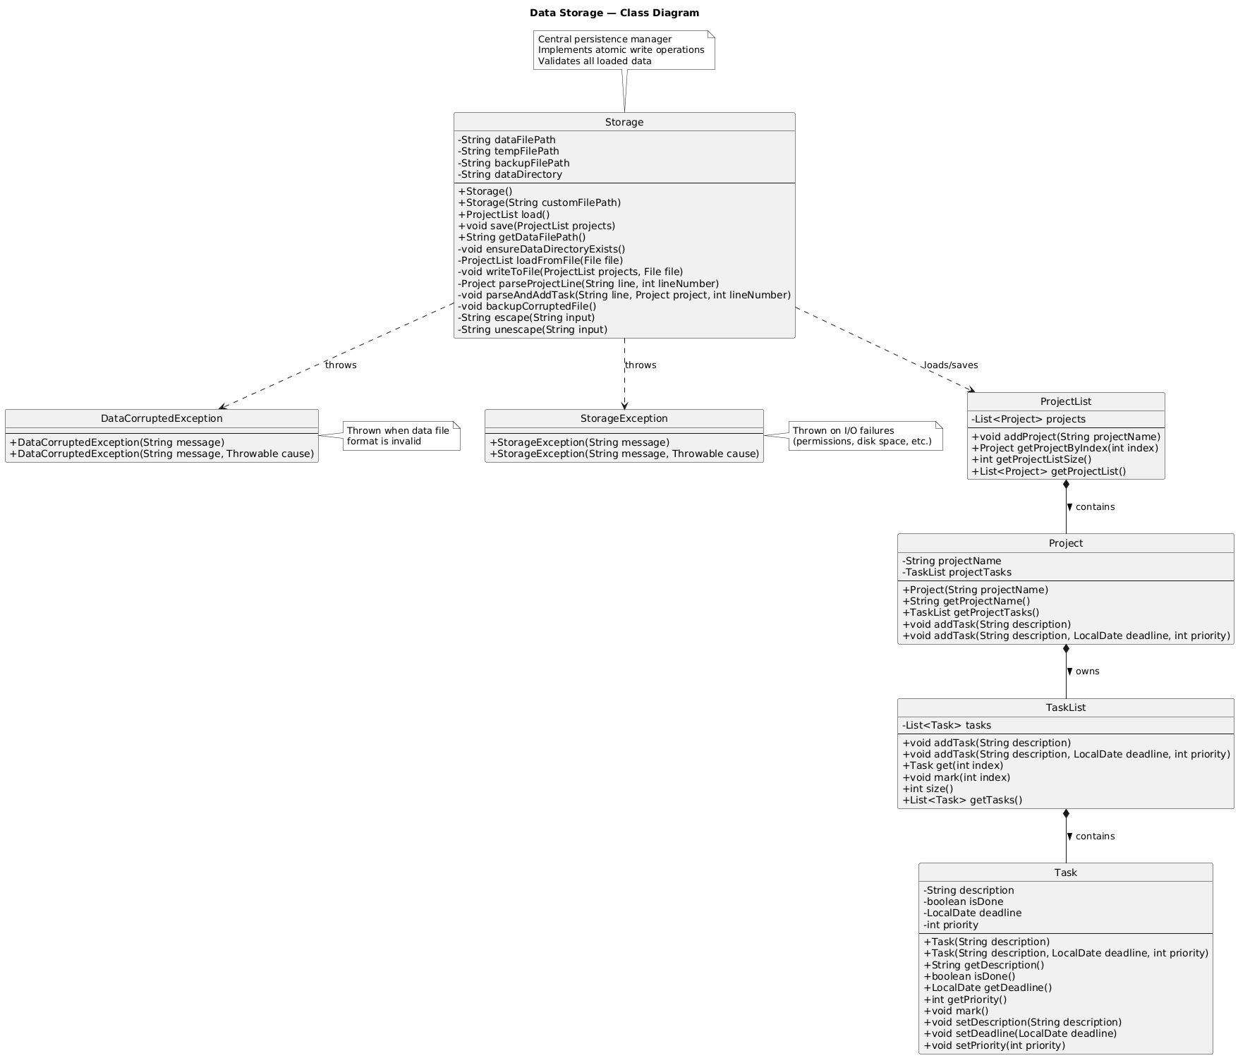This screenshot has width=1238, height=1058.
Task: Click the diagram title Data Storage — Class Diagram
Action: (x=614, y=13)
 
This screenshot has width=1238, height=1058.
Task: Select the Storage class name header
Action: (x=624, y=123)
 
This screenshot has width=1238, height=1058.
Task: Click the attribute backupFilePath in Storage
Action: (x=514, y=163)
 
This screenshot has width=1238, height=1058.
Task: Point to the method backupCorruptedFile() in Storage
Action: (x=527, y=306)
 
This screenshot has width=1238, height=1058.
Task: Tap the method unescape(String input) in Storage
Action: (x=532, y=329)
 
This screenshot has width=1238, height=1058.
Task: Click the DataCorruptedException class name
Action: (x=162, y=419)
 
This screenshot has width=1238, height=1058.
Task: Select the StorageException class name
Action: (x=624, y=419)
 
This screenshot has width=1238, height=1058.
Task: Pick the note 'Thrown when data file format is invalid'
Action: (x=399, y=436)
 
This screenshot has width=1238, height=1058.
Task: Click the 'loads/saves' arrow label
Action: (x=951, y=365)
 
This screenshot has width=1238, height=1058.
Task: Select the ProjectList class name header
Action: (x=1065, y=402)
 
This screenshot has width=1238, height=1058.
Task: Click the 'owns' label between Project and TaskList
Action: (x=1087, y=671)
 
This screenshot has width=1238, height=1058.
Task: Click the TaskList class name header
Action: (x=1065, y=708)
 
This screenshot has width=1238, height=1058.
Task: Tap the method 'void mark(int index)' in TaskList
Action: (x=956, y=777)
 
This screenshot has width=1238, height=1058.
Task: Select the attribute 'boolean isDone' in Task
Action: (x=963, y=901)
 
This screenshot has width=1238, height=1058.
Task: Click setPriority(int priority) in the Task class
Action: (x=994, y=1045)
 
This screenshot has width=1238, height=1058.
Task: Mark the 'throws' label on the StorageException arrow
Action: (x=641, y=365)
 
